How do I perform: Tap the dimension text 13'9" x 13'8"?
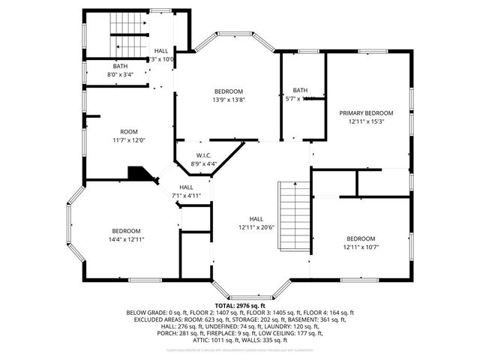coord(228,99)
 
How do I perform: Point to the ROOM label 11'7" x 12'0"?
coord(129,139)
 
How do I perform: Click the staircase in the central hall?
coord(293,217)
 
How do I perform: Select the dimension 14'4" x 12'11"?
coord(127,239)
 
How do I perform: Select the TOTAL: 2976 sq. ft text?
coord(240,306)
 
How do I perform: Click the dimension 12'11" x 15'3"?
coord(365,121)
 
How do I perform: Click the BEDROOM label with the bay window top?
coord(228,91)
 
